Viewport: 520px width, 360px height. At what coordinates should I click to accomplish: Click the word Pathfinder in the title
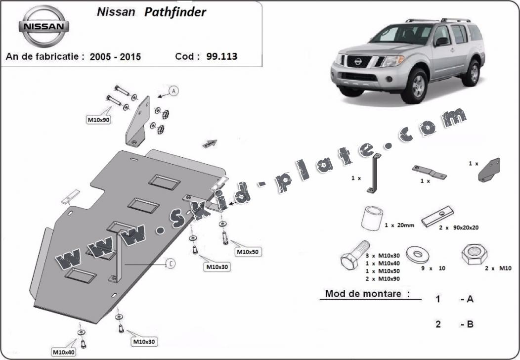tap(175, 12)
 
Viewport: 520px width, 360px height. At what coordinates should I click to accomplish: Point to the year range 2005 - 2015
tap(115, 57)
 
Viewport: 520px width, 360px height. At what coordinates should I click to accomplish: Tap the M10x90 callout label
tap(98, 120)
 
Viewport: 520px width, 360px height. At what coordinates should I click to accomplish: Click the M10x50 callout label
tap(247, 252)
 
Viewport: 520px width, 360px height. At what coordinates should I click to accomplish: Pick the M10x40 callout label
tap(64, 352)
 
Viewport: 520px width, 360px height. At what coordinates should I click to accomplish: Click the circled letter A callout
tap(173, 91)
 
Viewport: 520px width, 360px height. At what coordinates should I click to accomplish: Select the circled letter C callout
tap(170, 264)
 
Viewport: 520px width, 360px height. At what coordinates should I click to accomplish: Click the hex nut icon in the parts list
tap(474, 255)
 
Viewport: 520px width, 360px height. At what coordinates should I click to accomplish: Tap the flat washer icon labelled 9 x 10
tap(417, 255)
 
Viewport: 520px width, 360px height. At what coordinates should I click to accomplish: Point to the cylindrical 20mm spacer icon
tap(373, 218)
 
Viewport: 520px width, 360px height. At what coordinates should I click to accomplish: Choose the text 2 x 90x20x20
tap(459, 227)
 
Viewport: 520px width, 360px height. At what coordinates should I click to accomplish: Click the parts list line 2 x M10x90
tap(382, 279)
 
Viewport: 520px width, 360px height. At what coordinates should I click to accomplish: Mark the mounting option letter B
tap(470, 324)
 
